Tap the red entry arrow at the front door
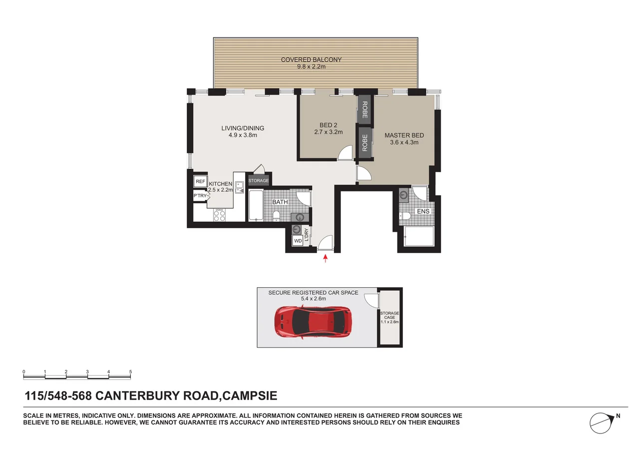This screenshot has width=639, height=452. click(325, 258)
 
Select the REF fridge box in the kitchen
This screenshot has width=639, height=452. click(200, 181)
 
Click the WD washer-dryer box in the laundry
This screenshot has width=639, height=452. click(298, 241)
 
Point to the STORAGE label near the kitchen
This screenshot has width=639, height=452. click(259, 180)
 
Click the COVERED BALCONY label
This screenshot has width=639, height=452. click(311, 60)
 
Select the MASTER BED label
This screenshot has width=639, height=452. click(404, 135)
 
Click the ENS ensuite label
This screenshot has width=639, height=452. click(423, 211)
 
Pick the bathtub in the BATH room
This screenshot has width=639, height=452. click(256, 205)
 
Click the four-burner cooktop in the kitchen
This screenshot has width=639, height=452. click(219, 215)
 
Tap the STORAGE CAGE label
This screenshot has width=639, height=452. click(389, 315)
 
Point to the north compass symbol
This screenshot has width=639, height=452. click(601, 423)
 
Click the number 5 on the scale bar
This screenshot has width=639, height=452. click(130, 372)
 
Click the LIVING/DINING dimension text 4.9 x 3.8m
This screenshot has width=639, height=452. click(243, 135)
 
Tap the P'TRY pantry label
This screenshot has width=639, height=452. click(200, 196)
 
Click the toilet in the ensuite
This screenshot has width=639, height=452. click(406, 216)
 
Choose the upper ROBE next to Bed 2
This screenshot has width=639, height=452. click(364, 109)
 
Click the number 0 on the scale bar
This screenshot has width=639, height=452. click(24, 372)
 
